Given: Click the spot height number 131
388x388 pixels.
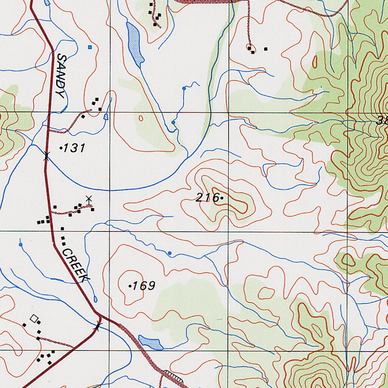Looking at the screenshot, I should tap(74, 149).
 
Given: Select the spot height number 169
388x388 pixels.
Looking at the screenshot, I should tap(144, 285).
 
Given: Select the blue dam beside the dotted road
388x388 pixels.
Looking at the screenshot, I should tap(150, 342).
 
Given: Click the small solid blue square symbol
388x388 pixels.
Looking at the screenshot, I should tap(90, 47).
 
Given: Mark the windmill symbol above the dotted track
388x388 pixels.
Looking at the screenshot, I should tap(88, 199).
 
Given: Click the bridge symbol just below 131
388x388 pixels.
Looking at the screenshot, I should tap(46, 156).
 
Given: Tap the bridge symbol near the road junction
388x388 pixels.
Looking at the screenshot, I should tap(98, 325).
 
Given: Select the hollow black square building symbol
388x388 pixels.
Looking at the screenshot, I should tap(35, 318).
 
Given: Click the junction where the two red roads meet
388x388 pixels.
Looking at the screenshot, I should tap(99, 315).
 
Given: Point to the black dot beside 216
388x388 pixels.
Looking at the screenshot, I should tap(221, 197).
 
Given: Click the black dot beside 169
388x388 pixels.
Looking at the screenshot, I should tap(130, 286).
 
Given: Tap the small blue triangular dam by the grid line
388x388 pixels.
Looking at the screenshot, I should tap(106, 117).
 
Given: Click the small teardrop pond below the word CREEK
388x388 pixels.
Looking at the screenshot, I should tap(95, 299).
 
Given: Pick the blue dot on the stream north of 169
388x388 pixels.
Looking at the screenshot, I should tap(169, 253).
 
